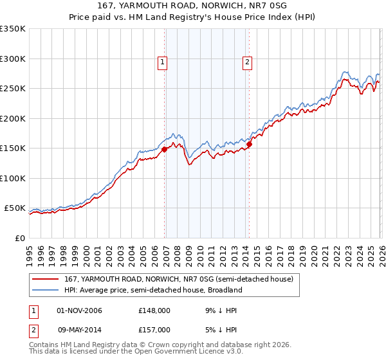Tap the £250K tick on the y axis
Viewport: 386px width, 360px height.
point(13,88)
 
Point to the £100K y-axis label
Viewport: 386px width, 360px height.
point(13,178)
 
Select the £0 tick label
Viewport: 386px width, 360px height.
point(19,238)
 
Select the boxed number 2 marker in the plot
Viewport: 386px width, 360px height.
point(247,62)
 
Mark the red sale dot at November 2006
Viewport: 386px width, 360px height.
point(164,149)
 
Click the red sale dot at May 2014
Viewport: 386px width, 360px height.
point(249,144)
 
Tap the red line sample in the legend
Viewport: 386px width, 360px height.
point(46,279)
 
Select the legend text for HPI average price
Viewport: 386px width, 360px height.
point(152,290)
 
